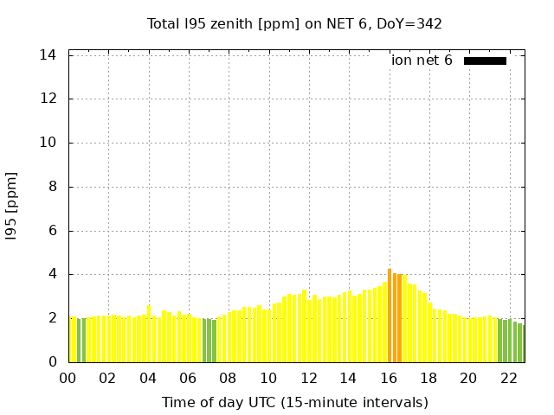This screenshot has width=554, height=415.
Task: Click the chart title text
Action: point(294,23)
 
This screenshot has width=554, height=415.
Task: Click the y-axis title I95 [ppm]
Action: point(12,206)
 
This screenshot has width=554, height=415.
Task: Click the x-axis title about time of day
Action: point(294,402)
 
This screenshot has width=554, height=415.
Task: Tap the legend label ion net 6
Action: point(422,61)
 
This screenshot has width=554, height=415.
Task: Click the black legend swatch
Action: point(485,61)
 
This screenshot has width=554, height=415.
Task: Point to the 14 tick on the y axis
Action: point(48,54)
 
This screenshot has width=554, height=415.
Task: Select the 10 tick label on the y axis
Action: point(48,143)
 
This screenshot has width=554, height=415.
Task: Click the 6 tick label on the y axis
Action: point(52,231)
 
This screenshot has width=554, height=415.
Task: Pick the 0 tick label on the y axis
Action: point(52,362)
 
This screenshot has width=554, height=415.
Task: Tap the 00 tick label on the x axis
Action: point(68,379)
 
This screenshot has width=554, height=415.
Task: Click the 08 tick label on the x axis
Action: point(228,379)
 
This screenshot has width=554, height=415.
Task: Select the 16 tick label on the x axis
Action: point(388,379)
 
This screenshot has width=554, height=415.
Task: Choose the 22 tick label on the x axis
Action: point(508,379)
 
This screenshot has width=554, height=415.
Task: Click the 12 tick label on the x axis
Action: point(308,379)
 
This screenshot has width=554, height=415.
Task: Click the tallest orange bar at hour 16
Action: point(390,316)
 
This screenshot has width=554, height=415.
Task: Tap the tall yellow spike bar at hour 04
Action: point(149,334)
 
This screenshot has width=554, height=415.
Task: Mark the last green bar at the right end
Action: point(520,343)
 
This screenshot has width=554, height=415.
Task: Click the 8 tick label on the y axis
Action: point(52,187)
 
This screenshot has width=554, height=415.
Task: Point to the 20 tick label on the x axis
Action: point(468,379)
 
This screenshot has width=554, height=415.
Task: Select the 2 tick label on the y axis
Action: point(52,318)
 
